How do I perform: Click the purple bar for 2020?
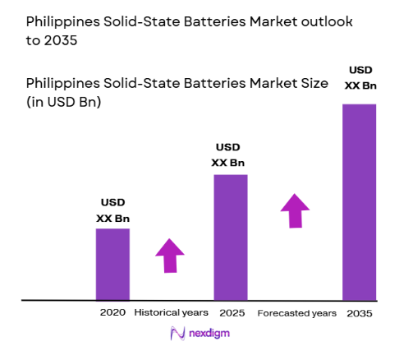[112, 264]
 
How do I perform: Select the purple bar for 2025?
[230, 237]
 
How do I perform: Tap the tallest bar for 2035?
[359, 201]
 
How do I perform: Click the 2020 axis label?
[112, 313]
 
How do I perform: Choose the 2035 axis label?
[359, 313]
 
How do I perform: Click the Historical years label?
[171, 313]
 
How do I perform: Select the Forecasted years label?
[297, 313]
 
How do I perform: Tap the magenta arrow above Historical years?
[170, 255]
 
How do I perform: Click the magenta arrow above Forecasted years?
[296, 210]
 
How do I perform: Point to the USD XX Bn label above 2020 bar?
[112, 210]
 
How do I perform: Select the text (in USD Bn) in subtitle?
[63, 102]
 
